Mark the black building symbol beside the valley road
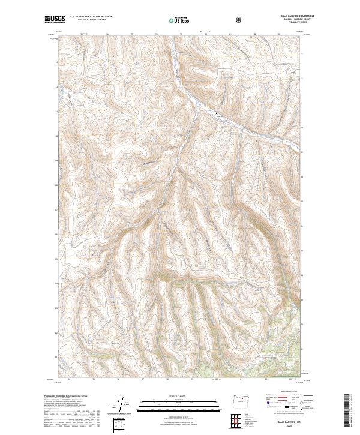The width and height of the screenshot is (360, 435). tap(217, 112)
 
